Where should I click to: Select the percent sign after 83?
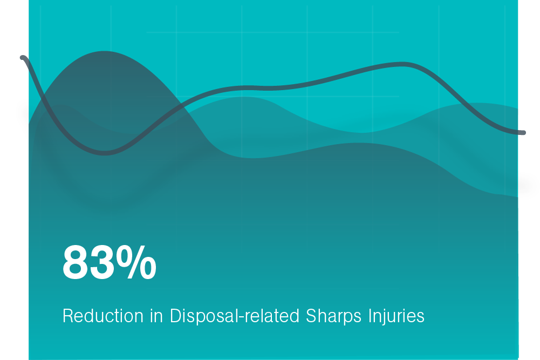136,262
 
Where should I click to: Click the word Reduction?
103,316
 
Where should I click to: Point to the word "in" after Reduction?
156,316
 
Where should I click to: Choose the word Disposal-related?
235,316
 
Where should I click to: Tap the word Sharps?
334,316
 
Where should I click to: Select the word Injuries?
397,316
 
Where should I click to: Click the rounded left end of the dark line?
23,58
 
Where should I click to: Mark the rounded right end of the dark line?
523,133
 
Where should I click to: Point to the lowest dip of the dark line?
105,153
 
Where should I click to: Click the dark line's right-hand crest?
402,64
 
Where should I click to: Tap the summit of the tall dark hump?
104,52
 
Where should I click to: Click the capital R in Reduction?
69,316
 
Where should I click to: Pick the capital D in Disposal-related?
176,316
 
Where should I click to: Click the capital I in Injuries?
370,316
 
